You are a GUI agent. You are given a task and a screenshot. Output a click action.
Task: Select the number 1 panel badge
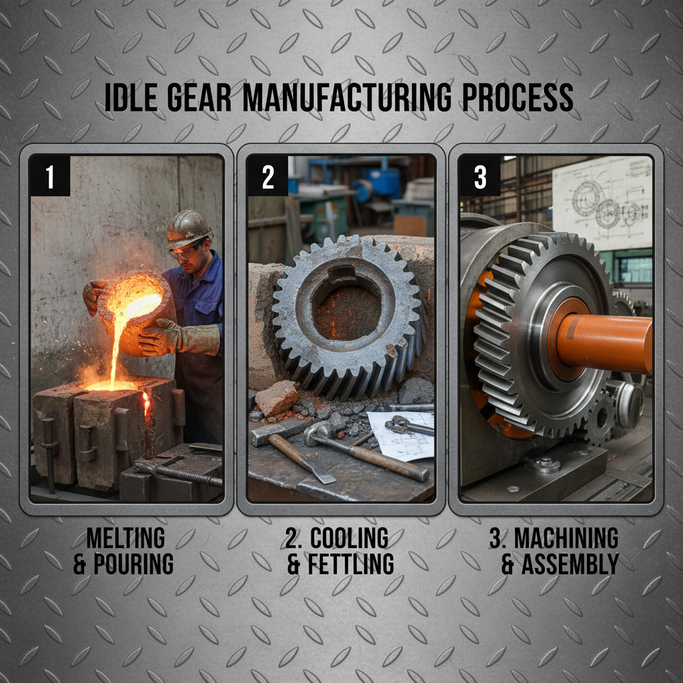point(49,177)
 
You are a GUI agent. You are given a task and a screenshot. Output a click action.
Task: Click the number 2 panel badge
point(267,177)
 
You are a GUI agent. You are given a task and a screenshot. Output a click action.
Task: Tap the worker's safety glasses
point(185,251)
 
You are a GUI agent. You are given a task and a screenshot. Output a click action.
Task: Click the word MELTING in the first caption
point(125,538)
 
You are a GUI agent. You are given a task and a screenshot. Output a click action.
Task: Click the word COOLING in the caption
point(349,538)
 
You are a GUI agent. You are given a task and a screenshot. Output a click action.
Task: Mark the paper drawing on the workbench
point(400,434)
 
